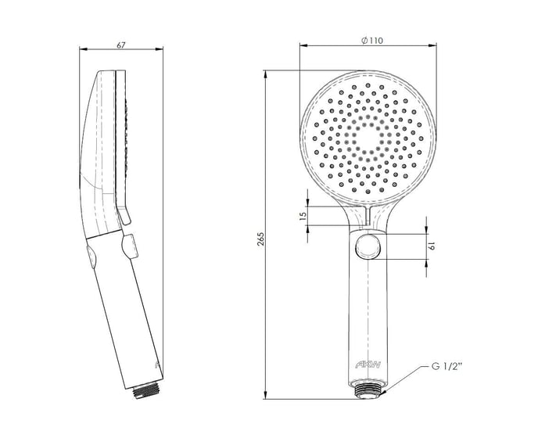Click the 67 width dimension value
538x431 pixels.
121,45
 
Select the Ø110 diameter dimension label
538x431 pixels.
372,41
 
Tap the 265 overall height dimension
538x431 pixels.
260,239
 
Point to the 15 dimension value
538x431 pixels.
303,216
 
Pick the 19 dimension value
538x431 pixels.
432,246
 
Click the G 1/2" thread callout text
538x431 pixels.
447,367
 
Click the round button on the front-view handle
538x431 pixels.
368,247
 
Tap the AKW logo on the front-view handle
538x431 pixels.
368,365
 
